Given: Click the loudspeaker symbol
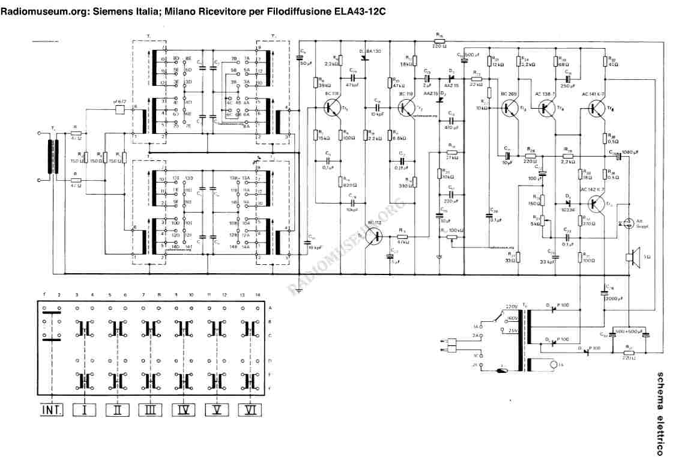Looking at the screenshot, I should coord(631,257).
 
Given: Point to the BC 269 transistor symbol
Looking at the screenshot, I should coord(510,108).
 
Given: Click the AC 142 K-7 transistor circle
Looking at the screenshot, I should coord(598,204).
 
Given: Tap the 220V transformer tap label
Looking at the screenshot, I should coord(511,305).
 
